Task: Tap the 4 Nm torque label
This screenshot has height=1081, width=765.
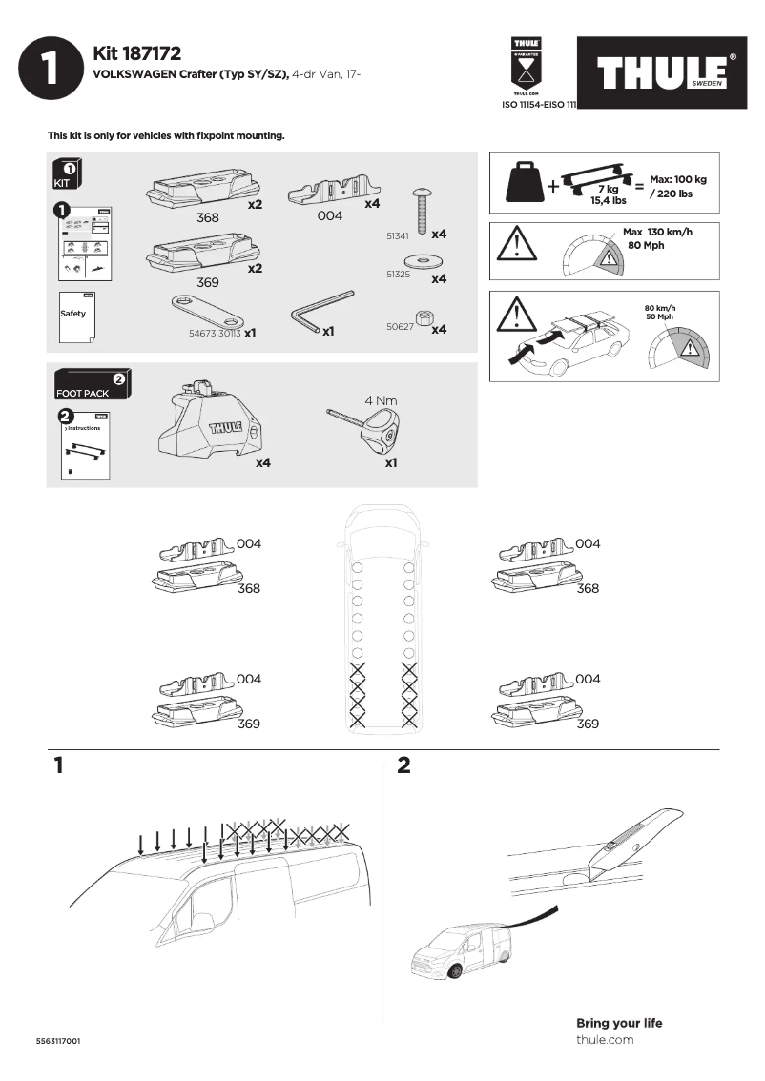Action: [381, 400]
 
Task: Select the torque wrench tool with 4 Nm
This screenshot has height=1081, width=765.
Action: [372, 430]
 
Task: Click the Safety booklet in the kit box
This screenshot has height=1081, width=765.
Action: [74, 317]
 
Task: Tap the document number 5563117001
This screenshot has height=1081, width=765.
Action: [58, 1041]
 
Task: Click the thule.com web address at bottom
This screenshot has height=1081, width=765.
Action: [605, 1039]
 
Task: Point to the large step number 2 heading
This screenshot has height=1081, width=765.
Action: [403, 765]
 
